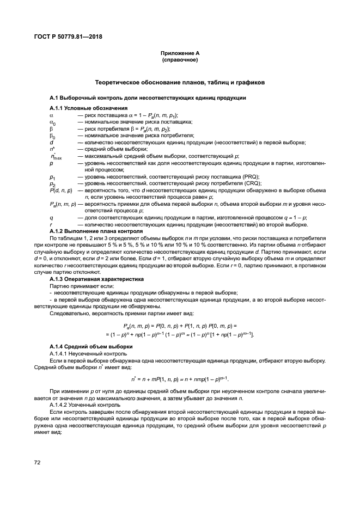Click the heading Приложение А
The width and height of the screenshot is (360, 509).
click(x=179, y=53)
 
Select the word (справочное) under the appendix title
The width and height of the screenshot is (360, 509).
click(x=179, y=59)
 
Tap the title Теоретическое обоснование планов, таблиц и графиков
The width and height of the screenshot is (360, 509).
click(x=179, y=83)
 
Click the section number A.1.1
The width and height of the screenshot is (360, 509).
click(x=57, y=107)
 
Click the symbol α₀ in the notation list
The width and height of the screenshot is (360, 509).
click(x=53, y=122)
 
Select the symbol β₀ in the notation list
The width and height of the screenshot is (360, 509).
click(x=53, y=136)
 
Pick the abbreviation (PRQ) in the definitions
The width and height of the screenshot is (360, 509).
click(x=250, y=176)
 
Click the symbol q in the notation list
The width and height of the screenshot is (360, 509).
click(x=51, y=217)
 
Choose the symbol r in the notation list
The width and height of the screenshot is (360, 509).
click(x=51, y=224)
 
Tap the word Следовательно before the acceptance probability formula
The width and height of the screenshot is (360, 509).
click(x=71, y=313)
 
